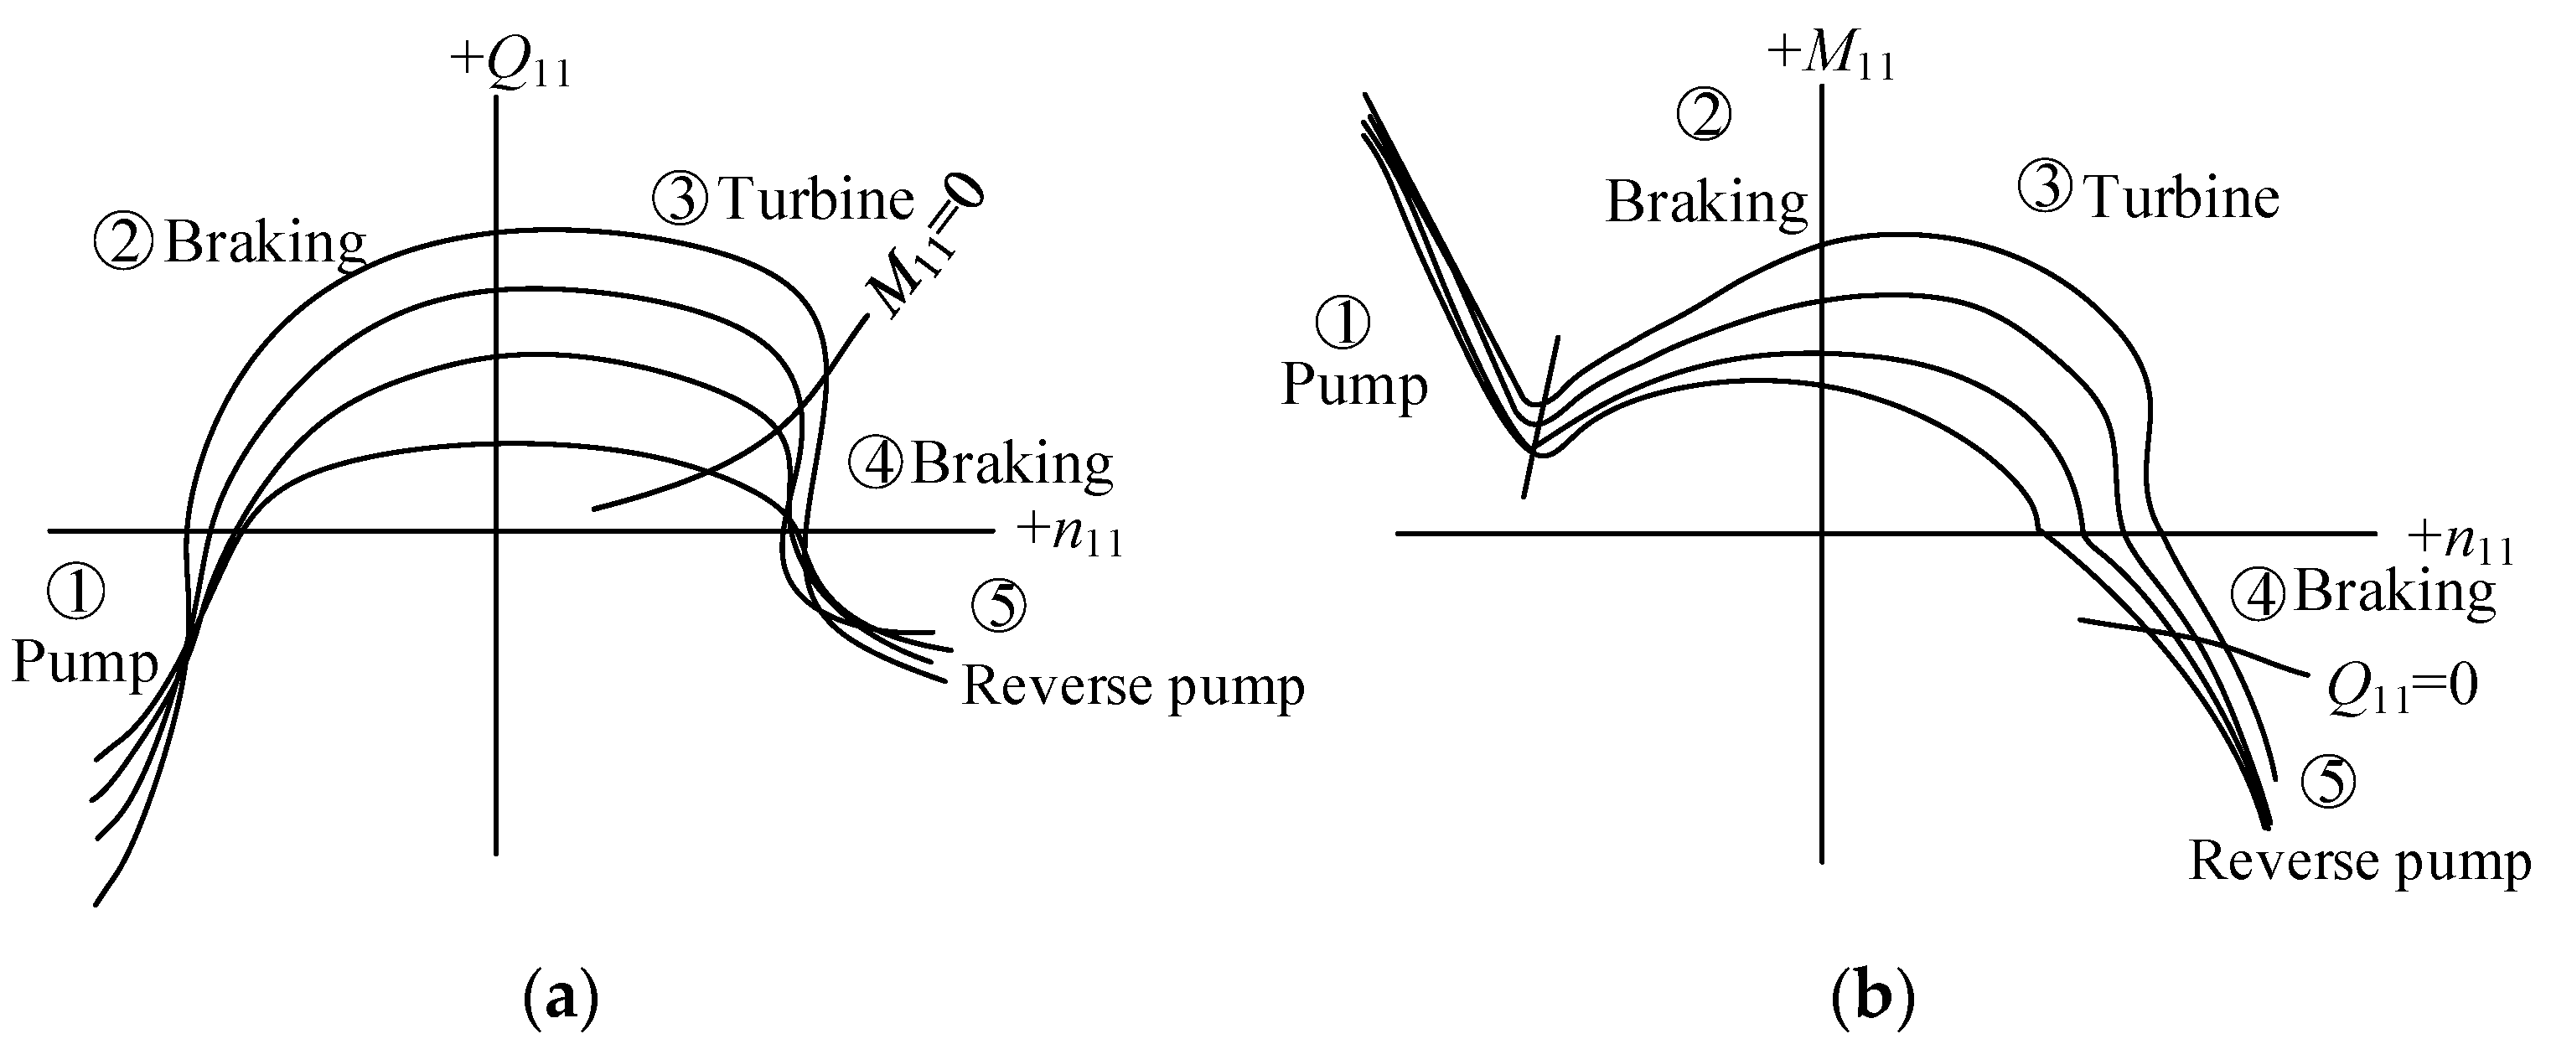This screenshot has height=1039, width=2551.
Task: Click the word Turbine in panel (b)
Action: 2181,198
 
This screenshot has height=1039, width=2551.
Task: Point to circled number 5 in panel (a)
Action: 998,606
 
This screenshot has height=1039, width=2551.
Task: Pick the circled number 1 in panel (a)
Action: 75,594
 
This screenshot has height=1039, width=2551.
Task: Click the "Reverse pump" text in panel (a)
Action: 1133,685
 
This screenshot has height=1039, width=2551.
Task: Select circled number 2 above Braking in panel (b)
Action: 1703,116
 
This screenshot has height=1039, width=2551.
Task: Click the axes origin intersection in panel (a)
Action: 495,531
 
